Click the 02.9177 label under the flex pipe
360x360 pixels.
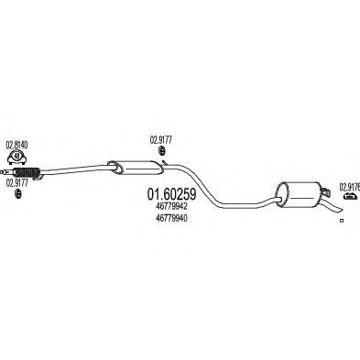[x=19, y=182]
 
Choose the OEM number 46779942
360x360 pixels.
[x=162, y=207]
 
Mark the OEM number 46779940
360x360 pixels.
[x=162, y=219]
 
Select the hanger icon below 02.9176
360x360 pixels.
[x=349, y=195]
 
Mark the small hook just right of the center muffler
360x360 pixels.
[x=160, y=165]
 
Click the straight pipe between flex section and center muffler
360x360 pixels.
[x=78, y=167]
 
